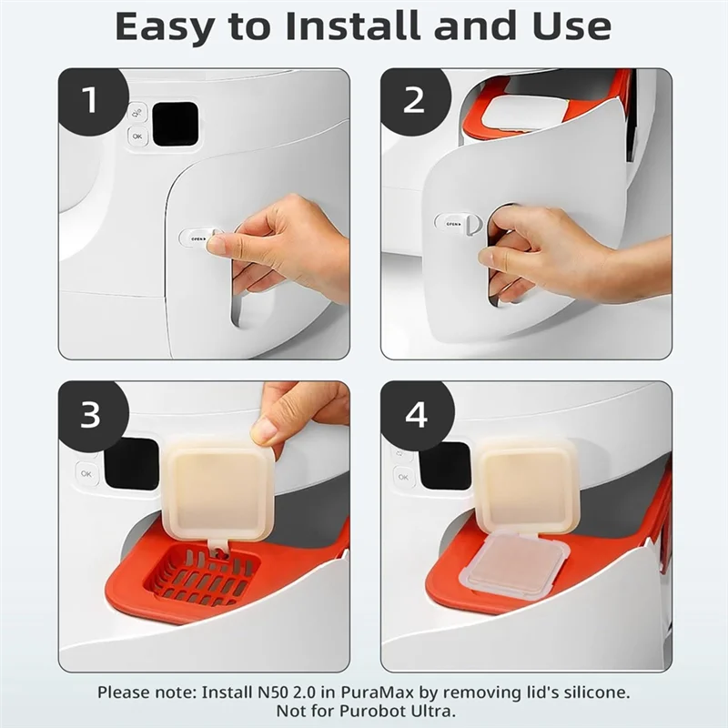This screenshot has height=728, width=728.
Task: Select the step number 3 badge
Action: point(90,415)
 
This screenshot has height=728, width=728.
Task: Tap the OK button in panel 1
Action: point(138,136)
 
